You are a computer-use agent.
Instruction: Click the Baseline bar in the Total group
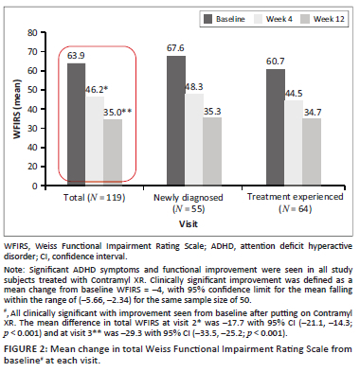[x=77, y=124]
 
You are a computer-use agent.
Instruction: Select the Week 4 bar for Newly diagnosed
[x=194, y=139]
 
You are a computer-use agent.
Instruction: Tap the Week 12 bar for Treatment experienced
[x=312, y=151]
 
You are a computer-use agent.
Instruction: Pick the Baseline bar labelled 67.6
[x=176, y=120]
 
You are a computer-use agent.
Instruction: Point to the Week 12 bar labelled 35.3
[x=212, y=151]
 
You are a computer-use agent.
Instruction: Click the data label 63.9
[x=76, y=56]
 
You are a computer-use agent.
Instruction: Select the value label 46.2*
[x=97, y=90]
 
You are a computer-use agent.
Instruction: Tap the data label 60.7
[x=276, y=62]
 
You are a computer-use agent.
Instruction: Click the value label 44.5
[x=294, y=94]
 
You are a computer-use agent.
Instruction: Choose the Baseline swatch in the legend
[x=207, y=19]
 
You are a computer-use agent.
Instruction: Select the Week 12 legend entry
[x=323, y=19]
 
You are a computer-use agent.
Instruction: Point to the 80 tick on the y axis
[x=32, y=32]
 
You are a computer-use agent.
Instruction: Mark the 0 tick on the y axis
[x=35, y=186]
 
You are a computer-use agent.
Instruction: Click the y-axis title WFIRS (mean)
[x=17, y=109]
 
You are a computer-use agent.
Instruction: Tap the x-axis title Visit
[x=189, y=224]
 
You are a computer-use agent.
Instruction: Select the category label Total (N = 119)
[x=95, y=198]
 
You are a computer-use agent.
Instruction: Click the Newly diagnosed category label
[x=189, y=203]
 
